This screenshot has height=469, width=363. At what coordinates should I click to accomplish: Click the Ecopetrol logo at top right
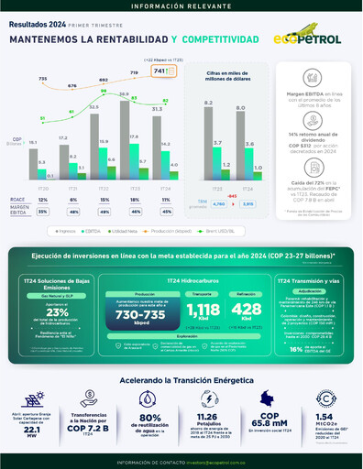(x=310, y=40)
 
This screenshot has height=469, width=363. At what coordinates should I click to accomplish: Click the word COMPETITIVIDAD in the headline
(x=227, y=40)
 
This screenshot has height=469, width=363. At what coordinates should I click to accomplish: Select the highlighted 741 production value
(x=159, y=71)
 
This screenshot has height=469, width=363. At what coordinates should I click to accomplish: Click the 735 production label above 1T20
(x=42, y=80)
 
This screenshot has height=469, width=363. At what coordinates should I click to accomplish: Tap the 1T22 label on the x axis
(x=94, y=186)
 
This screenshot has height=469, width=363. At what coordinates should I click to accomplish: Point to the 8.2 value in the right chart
(x=208, y=102)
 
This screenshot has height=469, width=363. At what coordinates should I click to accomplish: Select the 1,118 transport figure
(x=202, y=311)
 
